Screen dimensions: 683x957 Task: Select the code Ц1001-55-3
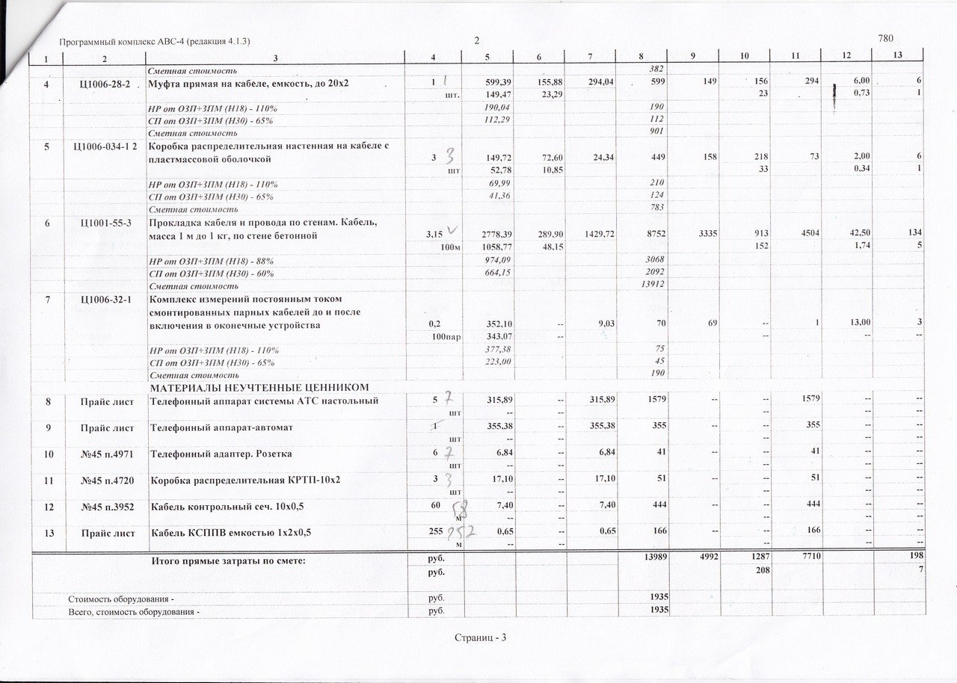point(105,223)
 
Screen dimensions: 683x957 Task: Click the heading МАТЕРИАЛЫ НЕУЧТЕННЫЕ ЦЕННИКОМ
point(261,388)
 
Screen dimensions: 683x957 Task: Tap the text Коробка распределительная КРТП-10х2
point(246,479)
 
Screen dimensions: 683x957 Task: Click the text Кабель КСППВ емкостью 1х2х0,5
point(231,532)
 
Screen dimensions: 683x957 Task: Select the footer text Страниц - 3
point(480,637)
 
